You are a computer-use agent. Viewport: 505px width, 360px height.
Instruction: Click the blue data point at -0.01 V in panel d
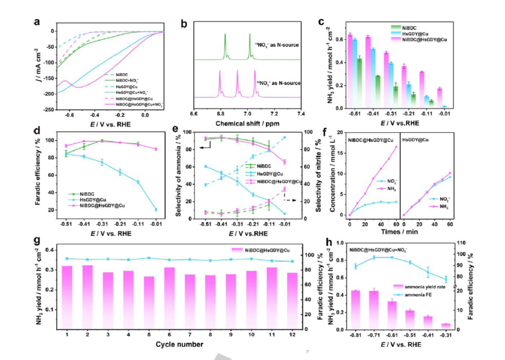click(x=156, y=209)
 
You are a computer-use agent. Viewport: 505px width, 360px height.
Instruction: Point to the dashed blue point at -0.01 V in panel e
click(x=284, y=137)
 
